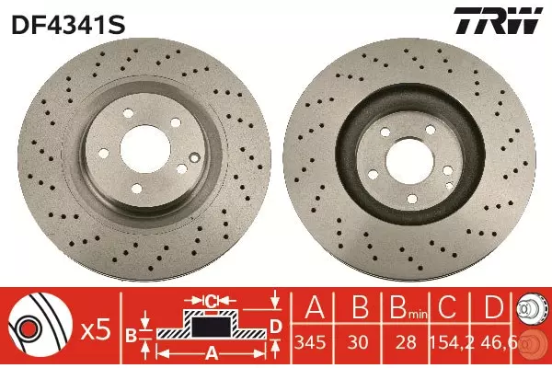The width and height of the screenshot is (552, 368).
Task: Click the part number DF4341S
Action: (x=68, y=25)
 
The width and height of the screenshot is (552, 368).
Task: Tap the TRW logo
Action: (x=498, y=20)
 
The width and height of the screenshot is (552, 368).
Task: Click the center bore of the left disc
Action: (x=145, y=149)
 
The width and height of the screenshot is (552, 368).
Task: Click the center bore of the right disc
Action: (x=410, y=161)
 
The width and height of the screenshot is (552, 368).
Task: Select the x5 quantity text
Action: (x=96, y=330)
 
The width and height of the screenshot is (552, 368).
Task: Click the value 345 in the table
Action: (x=310, y=342)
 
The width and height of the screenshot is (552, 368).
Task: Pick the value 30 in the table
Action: (x=358, y=342)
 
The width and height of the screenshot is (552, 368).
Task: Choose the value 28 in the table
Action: (x=406, y=342)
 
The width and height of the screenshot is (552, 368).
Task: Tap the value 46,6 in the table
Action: (x=497, y=342)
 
